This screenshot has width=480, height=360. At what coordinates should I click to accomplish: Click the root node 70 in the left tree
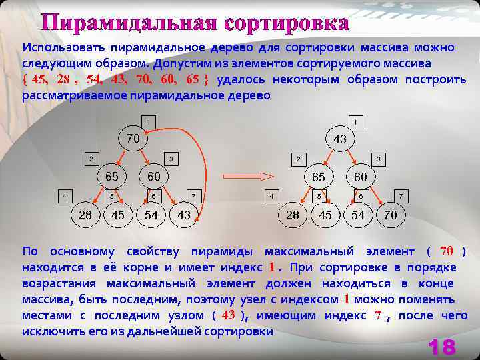pos(133,139)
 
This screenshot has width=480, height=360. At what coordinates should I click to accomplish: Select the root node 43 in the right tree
pos(339,139)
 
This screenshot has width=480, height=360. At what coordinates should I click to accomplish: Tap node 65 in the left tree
pos(111,177)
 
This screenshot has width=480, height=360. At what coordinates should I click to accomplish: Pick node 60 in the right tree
pos(361,177)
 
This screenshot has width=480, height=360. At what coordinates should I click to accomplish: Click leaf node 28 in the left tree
pos(85,215)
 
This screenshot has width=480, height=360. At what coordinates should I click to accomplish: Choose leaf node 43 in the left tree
pos(184,215)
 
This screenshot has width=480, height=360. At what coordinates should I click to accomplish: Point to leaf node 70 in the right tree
pos(391,215)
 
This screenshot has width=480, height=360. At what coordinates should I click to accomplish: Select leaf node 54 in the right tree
pos(358,215)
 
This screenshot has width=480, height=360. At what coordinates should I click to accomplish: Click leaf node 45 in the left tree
pos(118,215)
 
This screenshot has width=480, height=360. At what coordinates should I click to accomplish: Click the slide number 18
pos(441,346)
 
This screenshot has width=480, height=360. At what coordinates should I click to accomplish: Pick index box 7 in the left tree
pos(193,196)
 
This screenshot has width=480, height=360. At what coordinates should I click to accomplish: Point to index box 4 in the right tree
pos(271,197)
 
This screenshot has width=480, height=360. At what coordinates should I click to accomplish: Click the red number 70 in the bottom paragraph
pos(447,251)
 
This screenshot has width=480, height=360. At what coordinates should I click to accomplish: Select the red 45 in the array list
pos(39,79)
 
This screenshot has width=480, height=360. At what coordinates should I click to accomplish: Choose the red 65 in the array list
pos(193,79)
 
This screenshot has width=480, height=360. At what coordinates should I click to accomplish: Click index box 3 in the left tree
pos(171,159)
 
